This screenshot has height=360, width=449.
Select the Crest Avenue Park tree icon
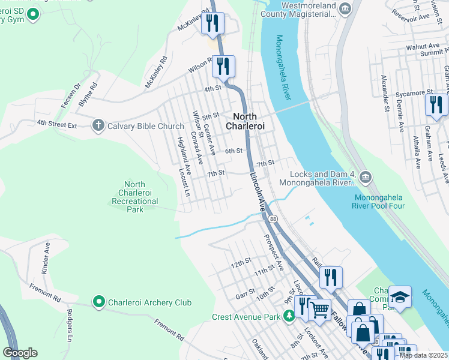[289, 316]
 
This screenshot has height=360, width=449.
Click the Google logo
[20, 353]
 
